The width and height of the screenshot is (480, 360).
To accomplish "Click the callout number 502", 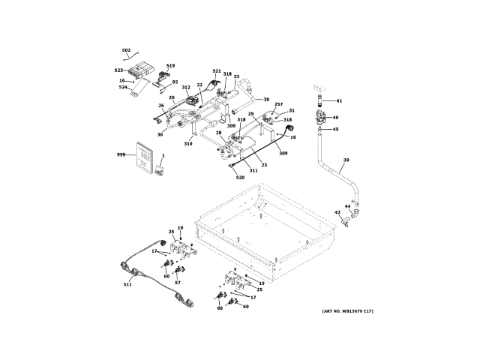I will [126, 50].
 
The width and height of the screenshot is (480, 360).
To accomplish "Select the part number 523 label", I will [118, 71].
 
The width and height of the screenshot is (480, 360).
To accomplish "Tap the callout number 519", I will [170, 66].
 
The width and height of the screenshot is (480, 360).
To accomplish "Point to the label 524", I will [123, 87].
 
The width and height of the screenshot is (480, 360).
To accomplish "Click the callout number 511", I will [127, 284].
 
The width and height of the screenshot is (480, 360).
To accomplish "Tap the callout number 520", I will [240, 178].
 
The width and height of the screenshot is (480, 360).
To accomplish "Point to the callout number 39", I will [346, 160].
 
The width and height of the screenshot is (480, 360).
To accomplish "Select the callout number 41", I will [338, 100].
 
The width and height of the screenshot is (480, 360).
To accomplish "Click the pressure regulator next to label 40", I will [322, 116].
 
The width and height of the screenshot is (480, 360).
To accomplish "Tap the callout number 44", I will [347, 205].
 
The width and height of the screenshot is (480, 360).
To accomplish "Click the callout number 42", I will [337, 213].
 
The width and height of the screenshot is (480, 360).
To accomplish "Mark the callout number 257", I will [278, 104].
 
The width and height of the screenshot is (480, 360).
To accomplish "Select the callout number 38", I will [265, 99].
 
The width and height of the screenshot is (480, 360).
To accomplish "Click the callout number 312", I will [185, 88].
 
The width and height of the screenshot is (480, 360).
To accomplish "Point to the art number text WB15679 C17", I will [348, 311].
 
